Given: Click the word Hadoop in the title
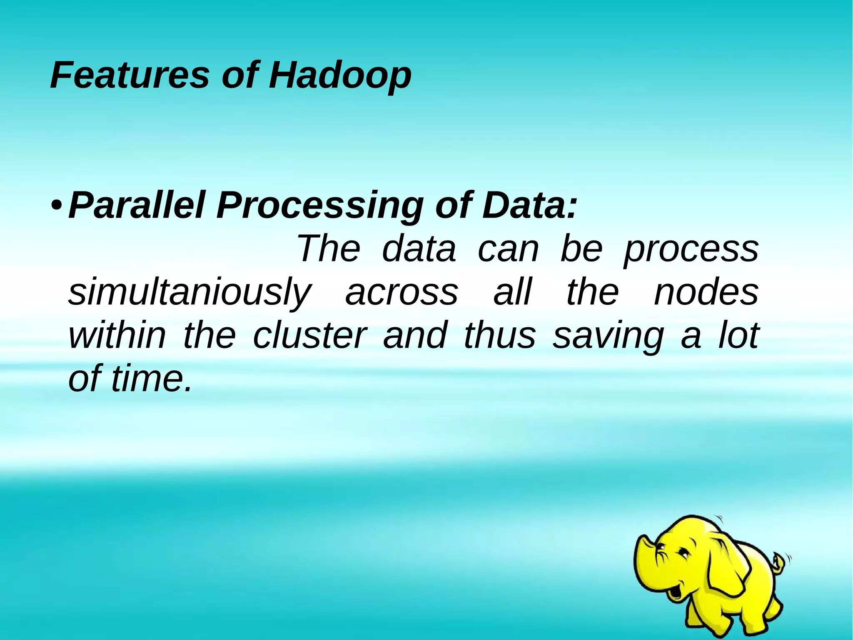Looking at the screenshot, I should point(340,76).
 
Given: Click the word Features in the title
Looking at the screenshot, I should point(130,75).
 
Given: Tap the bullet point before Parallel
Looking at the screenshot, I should point(57,206).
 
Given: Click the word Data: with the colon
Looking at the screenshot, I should point(529,205).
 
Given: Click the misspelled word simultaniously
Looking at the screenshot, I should point(190,294).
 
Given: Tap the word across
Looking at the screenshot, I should point(402,293).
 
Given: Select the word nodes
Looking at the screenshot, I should point(706,293).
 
